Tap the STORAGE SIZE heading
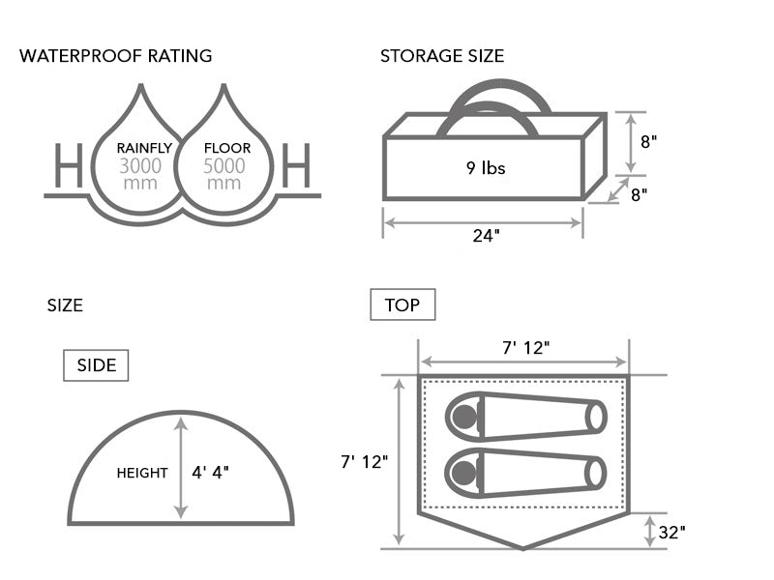(x=442, y=56)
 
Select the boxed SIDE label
(x=96, y=365)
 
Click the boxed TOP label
(x=402, y=305)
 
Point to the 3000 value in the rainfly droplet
(x=141, y=166)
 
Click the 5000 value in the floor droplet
(x=224, y=166)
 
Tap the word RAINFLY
(x=144, y=148)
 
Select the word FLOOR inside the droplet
(x=227, y=148)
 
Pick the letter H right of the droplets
(x=296, y=165)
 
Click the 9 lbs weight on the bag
(x=486, y=168)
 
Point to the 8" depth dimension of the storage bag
(x=639, y=193)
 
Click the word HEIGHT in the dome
(x=142, y=474)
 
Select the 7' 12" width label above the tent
(x=526, y=348)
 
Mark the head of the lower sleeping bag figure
(x=466, y=473)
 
